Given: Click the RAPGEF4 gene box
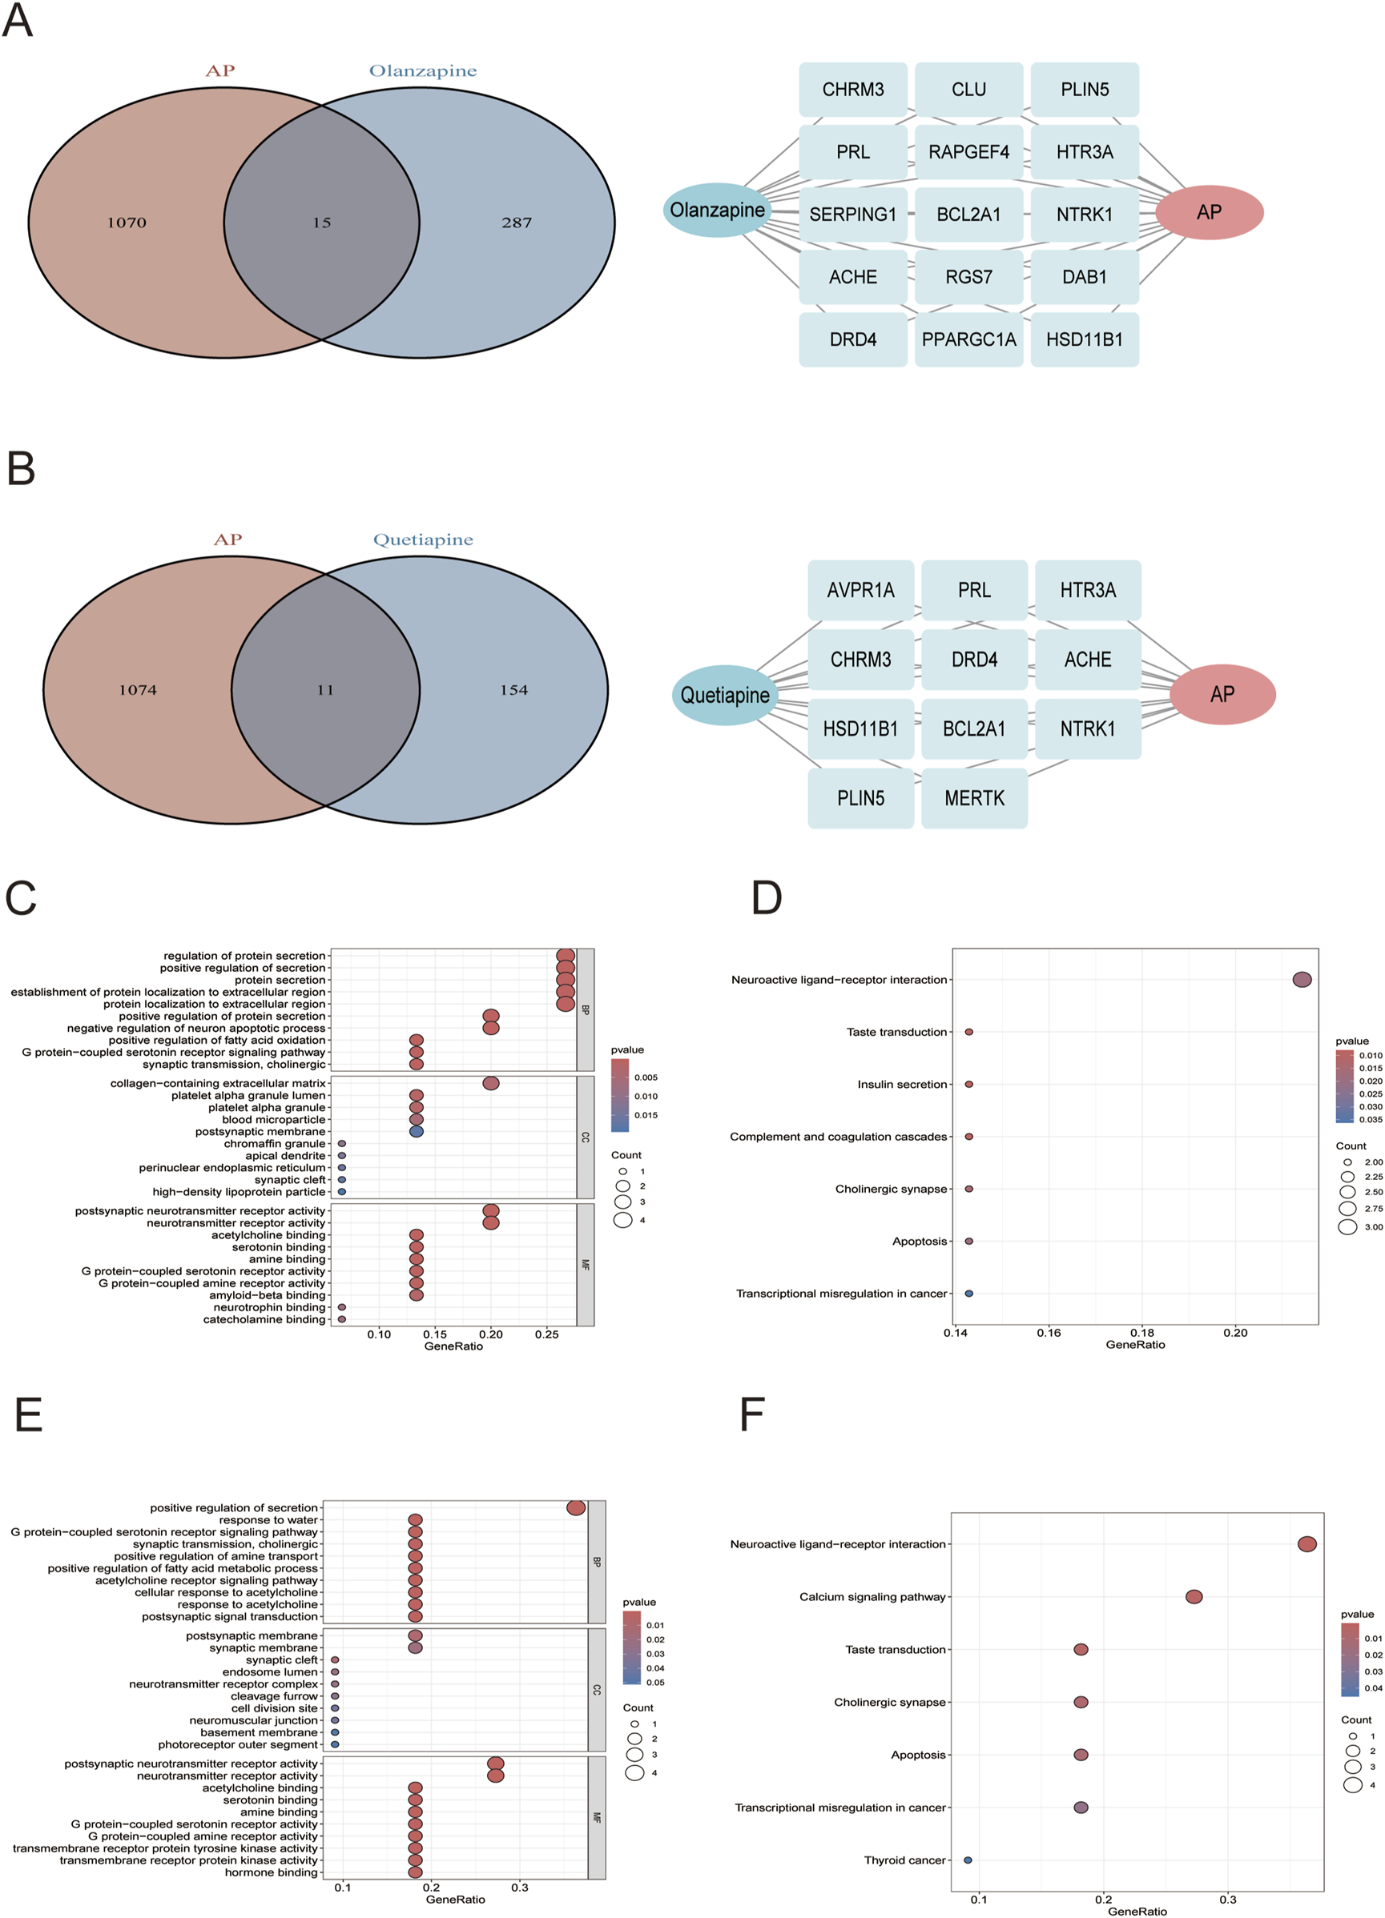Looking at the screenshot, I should [968, 152].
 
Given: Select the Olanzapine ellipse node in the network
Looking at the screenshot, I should [718, 210].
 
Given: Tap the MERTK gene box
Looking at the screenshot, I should [975, 798].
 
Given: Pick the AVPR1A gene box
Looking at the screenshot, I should [860, 590].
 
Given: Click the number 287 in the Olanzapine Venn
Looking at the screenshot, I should [516, 223].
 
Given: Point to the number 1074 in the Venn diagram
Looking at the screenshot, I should [138, 690].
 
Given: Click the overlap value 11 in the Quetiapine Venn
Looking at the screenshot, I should [326, 690].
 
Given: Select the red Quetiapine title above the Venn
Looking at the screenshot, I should [423, 540].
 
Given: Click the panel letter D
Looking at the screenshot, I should [767, 898].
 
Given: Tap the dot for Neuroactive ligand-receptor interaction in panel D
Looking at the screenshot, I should [1302, 979].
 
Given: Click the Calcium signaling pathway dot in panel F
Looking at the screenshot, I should [1194, 1597].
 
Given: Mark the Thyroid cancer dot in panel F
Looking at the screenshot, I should [968, 1860].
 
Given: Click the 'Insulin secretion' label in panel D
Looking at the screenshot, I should [902, 1084].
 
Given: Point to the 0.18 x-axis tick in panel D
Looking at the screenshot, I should [1142, 1333].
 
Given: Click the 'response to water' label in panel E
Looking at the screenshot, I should [268, 1519].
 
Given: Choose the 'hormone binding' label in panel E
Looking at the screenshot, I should [271, 1872].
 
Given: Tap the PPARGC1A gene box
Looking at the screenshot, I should [968, 340].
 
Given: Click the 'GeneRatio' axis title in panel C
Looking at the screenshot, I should [453, 1346].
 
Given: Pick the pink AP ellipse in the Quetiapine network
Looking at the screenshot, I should [1222, 694].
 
